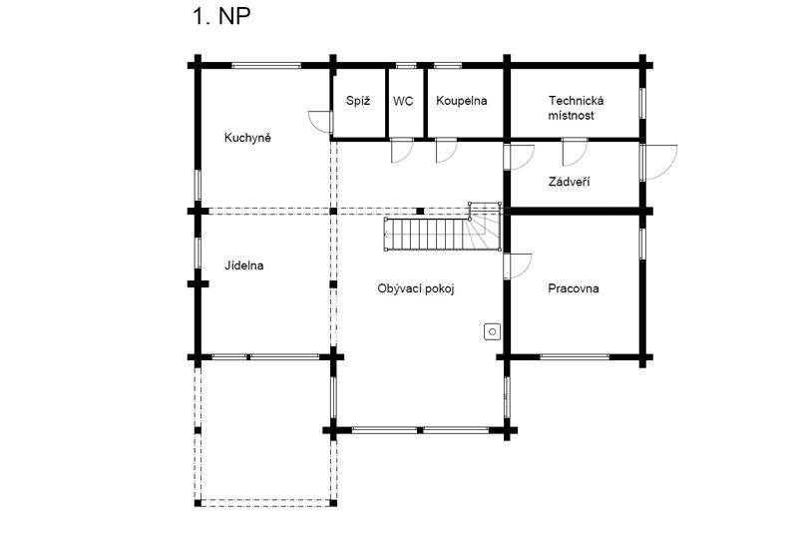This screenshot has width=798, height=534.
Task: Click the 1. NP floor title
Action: coord(220,16)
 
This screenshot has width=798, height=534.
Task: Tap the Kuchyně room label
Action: coord(247,138)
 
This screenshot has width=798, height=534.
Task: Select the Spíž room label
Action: coord(358,100)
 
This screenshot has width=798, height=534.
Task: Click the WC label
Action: coord(403,101)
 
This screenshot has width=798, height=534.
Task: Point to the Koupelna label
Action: coord(462,101)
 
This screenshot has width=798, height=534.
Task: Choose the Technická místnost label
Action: coord(576,108)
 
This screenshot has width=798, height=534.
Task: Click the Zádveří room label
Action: coord(569,182)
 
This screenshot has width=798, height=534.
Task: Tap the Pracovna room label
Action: coord(574,288)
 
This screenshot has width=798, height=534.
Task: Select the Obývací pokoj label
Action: coord(416,289)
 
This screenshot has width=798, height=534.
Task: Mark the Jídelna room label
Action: coord(244,266)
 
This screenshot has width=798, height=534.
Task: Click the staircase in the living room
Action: coord(442,227)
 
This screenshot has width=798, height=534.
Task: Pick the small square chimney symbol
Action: coord(492,332)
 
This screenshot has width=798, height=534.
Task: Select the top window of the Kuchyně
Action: coord(266,65)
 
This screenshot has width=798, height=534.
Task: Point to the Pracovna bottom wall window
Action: coord(575,357)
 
